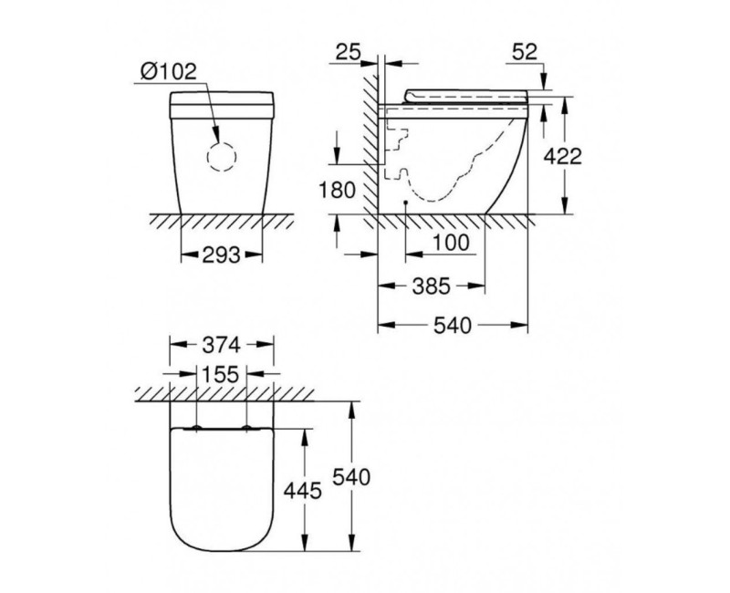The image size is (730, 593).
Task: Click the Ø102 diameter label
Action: (x=169, y=72)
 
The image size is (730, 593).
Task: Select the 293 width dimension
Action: (x=221, y=255)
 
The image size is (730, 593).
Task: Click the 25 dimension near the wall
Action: (x=349, y=52)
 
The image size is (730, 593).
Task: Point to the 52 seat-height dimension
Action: (x=525, y=52)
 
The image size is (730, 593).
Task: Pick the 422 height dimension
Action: (x=563, y=156)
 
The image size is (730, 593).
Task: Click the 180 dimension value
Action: (x=338, y=190)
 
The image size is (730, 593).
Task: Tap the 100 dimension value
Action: (x=451, y=243)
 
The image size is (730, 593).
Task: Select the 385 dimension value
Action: (x=432, y=286)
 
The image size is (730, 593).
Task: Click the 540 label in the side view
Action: (x=453, y=326)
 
